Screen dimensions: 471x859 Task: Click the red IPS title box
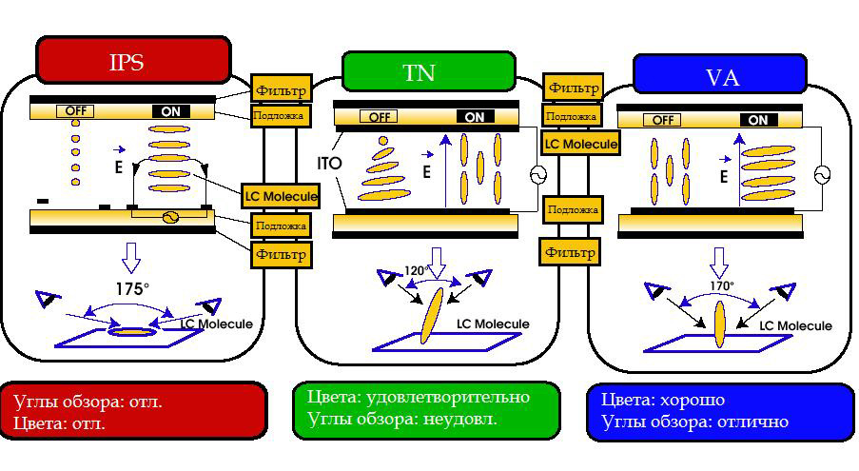[x=133, y=61]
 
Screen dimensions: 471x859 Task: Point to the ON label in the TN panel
[x=475, y=117]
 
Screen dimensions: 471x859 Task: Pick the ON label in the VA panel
[x=758, y=120]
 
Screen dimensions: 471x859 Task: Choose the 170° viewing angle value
[x=721, y=285]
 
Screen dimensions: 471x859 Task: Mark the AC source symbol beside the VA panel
[x=821, y=173]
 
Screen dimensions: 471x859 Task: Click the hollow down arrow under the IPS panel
[x=131, y=256]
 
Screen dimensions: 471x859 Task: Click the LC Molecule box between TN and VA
[x=579, y=144]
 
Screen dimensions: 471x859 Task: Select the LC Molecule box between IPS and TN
[x=280, y=195]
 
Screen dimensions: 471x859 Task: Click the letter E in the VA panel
[x=724, y=177]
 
